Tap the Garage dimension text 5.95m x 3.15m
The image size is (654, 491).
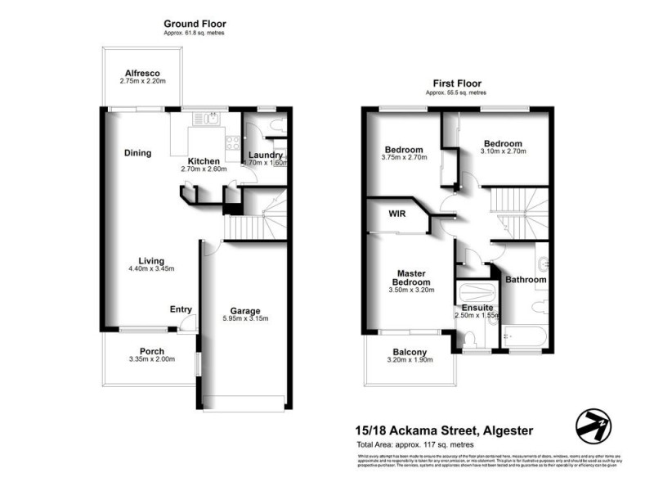(x=244, y=319)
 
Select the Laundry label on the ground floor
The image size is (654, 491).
(x=266, y=155)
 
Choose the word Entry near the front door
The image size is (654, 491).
(x=181, y=309)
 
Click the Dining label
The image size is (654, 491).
(x=137, y=152)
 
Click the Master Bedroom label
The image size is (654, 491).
(x=414, y=277)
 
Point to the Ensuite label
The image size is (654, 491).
(x=477, y=307)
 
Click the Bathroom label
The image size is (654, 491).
(x=526, y=279)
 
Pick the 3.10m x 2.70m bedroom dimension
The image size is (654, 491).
(x=503, y=151)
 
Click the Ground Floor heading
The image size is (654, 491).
(x=195, y=25)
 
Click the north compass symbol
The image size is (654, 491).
(x=594, y=423)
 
